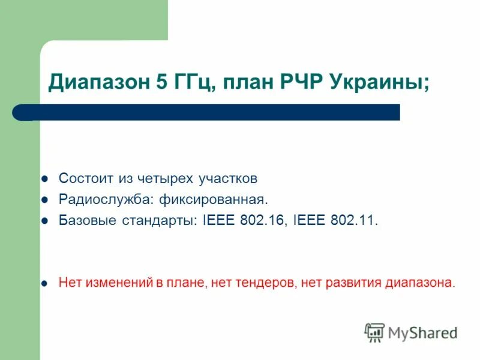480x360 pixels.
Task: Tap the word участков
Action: pos(227,179)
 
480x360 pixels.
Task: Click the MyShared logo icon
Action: pos(374,332)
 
